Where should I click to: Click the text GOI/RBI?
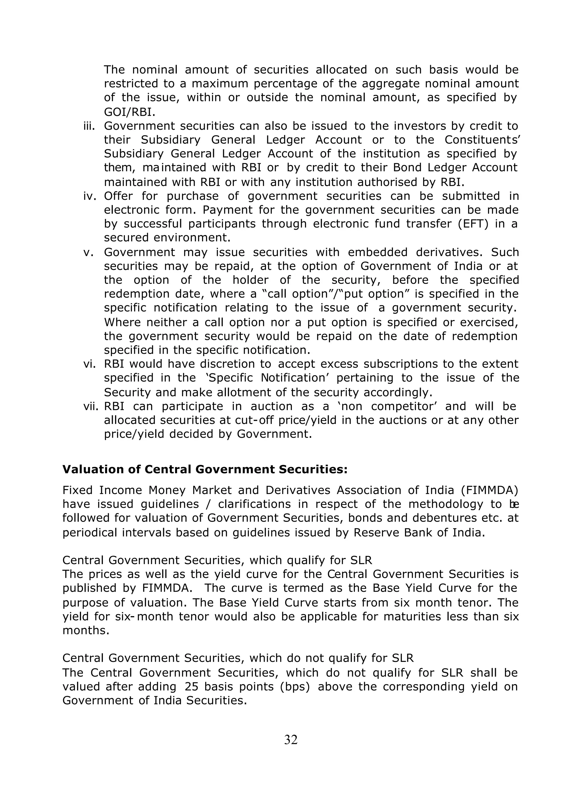pos(130,112)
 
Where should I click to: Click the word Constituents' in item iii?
pos(482,140)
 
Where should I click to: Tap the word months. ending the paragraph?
pos(86,630)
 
